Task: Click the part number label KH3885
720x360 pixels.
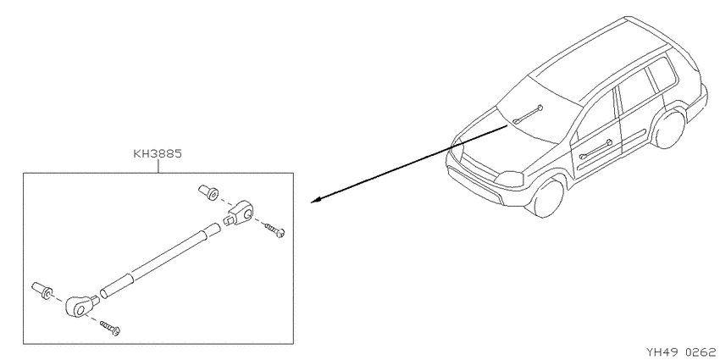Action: (158, 153)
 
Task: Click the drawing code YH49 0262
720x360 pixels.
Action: (683, 352)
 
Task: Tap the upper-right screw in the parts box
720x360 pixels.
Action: (275, 230)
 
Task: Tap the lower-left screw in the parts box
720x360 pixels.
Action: (110, 328)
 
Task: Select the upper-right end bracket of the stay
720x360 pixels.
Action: (240, 213)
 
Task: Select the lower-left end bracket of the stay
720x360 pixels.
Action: (81, 305)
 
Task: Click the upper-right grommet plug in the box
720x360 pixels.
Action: (208, 192)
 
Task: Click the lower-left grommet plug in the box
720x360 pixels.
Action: (42, 291)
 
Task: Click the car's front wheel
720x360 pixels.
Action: (549, 198)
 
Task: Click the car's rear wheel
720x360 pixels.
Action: (670, 129)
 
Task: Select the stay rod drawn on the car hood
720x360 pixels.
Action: (528, 115)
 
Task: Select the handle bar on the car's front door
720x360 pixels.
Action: (596, 149)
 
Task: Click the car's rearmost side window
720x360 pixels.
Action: (662, 75)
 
